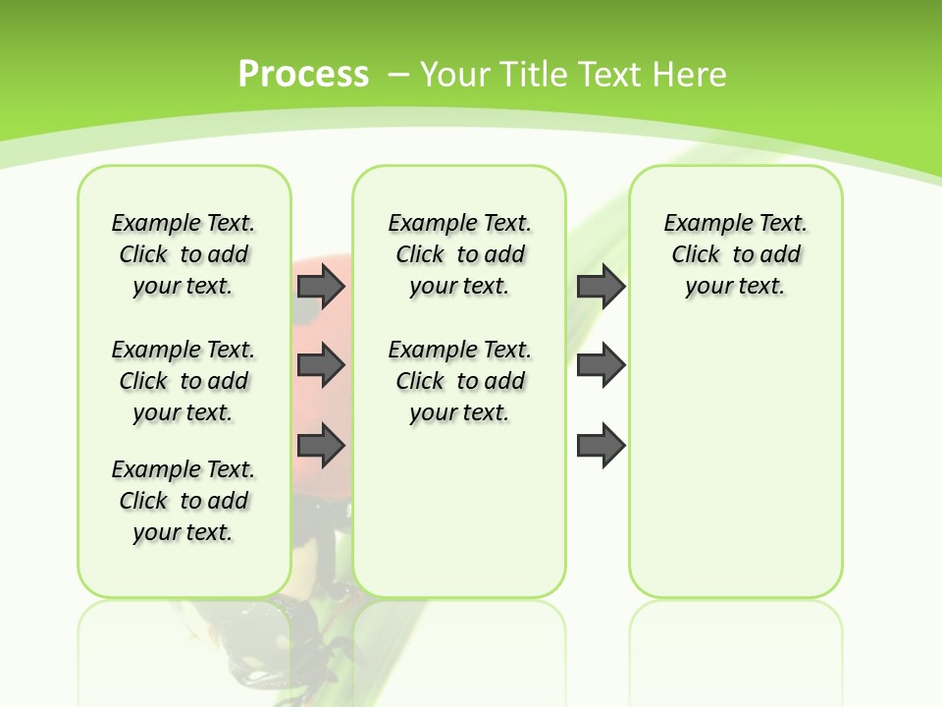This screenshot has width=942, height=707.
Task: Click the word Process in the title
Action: pyautogui.click(x=303, y=74)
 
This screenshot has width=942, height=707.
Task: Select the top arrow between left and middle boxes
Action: pyautogui.click(x=321, y=286)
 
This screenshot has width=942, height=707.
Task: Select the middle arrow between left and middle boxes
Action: pyautogui.click(x=321, y=366)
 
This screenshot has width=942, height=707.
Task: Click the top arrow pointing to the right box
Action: pyautogui.click(x=601, y=286)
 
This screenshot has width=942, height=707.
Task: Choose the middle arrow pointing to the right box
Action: pyautogui.click(x=601, y=365)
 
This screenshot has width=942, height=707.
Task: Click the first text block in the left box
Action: pyautogui.click(x=183, y=254)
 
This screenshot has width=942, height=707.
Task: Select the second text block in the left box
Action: pyautogui.click(x=183, y=381)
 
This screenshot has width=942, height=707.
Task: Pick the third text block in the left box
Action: pyautogui.click(x=183, y=501)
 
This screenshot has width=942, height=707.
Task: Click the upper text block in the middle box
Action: pyautogui.click(x=459, y=254)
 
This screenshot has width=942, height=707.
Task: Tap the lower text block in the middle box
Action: pyautogui.click(x=459, y=381)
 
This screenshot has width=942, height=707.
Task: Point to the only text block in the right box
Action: pyautogui.click(x=735, y=254)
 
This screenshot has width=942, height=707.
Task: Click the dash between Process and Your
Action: pyautogui.click(x=398, y=75)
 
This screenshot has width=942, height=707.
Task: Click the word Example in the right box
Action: pyautogui.click(x=699, y=224)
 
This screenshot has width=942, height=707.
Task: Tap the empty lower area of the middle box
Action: pyautogui.click(x=459, y=511)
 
